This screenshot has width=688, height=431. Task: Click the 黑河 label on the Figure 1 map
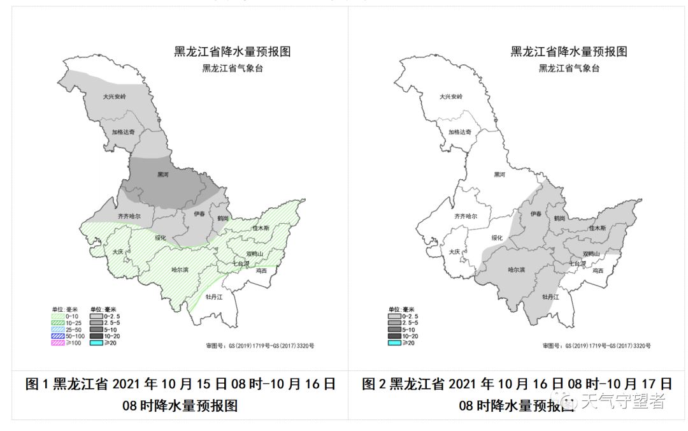click(163, 173)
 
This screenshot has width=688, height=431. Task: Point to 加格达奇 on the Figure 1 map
click(123, 132)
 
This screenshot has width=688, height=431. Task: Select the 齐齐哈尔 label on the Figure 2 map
click(465, 216)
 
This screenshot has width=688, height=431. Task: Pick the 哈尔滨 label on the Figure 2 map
click(517, 270)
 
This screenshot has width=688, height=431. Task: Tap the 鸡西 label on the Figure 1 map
click(261, 271)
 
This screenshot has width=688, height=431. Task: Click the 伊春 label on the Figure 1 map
click(199, 214)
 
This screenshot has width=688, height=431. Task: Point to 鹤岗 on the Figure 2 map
click(559, 218)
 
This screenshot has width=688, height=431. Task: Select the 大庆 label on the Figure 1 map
click(117, 252)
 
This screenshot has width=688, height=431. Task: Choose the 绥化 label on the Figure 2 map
click(497, 237)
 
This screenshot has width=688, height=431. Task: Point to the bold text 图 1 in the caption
click(37, 384)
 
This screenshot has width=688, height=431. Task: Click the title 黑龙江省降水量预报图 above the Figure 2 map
click(568, 52)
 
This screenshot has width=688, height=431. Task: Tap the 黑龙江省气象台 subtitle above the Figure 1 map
click(232, 68)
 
